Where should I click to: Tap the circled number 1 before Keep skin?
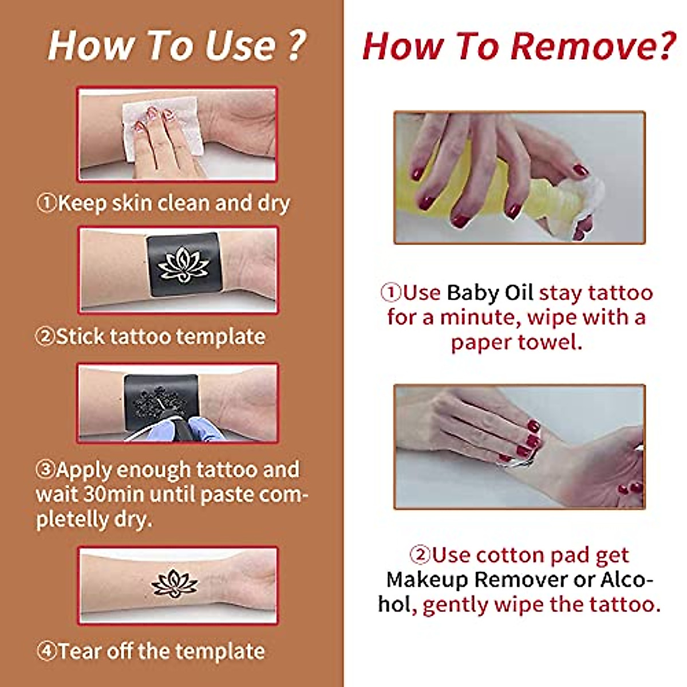click(47, 203)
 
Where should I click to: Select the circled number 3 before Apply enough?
click(46, 470)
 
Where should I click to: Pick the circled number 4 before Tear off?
click(47, 652)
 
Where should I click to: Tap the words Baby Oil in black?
click(489, 293)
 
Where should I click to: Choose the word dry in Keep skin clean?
click(273, 203)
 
